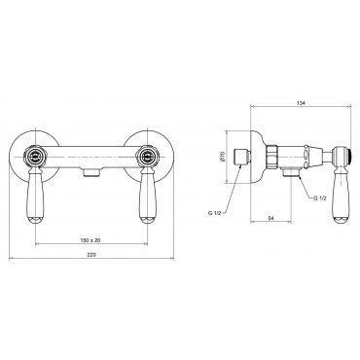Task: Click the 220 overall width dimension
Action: [x=91, y=255]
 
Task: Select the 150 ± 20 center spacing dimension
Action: [x=90, y=240]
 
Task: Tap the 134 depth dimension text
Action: [x=302, y=103]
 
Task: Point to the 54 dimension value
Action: [x=270, y=219]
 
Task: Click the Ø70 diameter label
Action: [x=222, y=157]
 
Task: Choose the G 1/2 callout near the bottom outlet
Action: [x=320, y=198]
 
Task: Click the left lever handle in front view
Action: [x=35, y=198]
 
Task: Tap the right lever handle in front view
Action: [x=148, y=198]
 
